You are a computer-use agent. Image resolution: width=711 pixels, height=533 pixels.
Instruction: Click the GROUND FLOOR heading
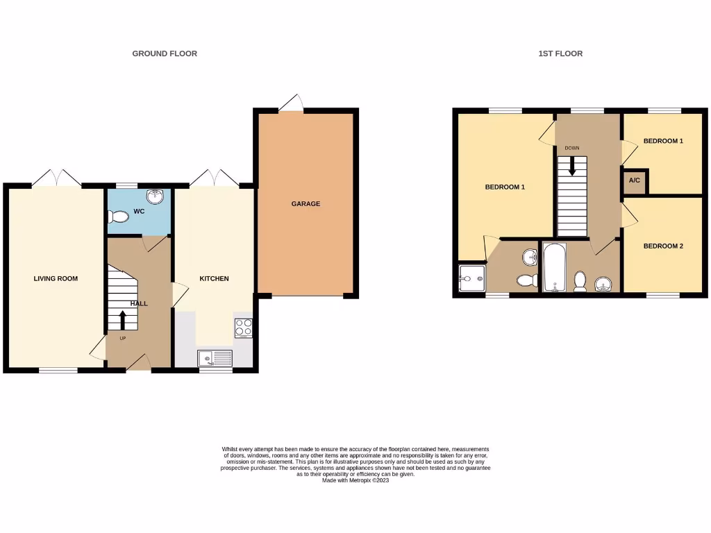[x=165, y=53]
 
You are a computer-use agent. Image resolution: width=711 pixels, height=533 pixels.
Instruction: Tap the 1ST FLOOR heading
[x=560, y=53]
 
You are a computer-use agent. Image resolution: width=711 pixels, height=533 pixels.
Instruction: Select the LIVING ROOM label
[x=56, y=278]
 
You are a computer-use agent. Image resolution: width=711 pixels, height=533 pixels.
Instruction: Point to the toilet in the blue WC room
[x=119, y=217]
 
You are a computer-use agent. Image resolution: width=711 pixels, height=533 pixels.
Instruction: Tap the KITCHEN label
[x=214, y=278]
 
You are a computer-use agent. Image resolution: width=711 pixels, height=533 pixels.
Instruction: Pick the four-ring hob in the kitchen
[x=243, y=328]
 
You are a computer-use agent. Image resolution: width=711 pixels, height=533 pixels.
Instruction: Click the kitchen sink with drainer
[x=215, y=358]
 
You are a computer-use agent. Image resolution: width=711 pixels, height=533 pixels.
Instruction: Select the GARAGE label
[x=306, y=203]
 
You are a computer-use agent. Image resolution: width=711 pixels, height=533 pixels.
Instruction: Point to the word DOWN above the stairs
[x=572, y=148]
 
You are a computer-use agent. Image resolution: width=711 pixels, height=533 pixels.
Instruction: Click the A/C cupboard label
[x=635, y=180]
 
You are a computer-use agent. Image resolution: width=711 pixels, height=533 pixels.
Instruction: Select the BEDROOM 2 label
[x=663, y=246]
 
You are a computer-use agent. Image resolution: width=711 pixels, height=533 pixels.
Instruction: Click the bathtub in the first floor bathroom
[x=553, y=267]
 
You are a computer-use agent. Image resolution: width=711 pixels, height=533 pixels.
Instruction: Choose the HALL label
[x=139, y=303]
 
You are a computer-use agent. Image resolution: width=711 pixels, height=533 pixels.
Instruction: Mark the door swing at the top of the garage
[x=292, y=103]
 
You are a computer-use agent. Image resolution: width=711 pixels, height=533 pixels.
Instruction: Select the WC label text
[x=139, y=211]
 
